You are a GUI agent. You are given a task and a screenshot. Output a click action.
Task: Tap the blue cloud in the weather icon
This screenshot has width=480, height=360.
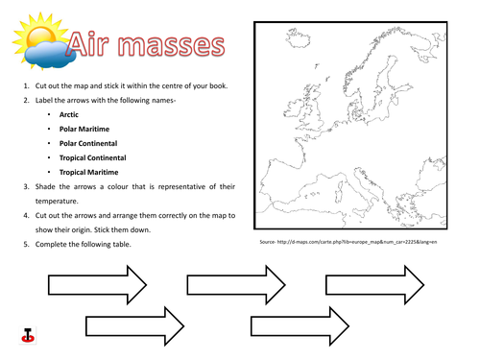point(42,54)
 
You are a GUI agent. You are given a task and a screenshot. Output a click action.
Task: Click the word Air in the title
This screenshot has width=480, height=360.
point(92,45)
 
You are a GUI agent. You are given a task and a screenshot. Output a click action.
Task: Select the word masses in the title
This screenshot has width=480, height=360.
point(174,45)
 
